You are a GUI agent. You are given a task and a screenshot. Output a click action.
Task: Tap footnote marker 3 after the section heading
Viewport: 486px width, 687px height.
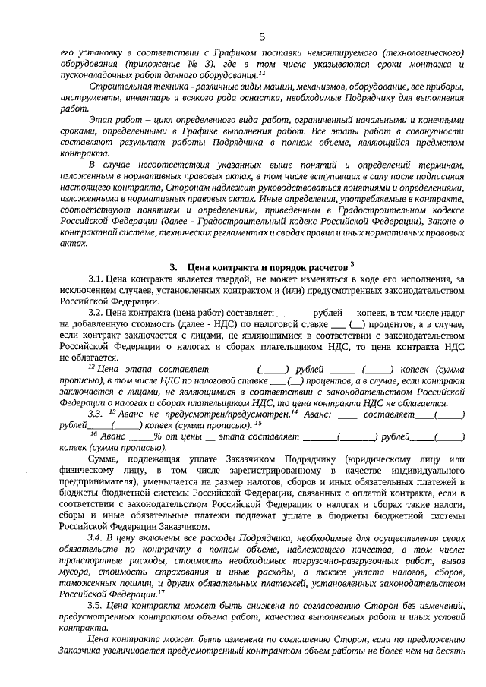352,263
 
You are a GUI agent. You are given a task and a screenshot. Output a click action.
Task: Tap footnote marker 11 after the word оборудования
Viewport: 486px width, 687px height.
261,74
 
